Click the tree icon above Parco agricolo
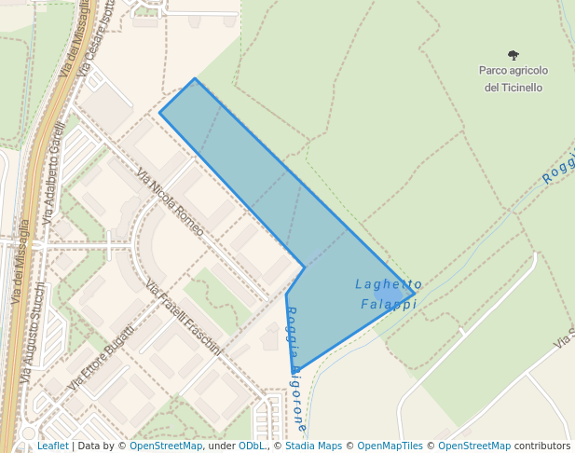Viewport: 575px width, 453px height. tap(513, 55)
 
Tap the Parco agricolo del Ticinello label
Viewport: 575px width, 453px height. tap(513, 79)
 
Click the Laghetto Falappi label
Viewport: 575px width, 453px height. tap(389, 294)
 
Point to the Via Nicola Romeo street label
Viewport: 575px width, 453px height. tap(170, 201)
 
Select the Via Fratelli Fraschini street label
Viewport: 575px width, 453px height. tap(184, 317)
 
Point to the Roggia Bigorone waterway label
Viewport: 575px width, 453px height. tap(295, 369)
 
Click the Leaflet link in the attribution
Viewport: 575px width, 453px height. tap(52, 446)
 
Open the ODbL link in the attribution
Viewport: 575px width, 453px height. tap(252, 446)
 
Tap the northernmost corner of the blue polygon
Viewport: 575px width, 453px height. tap(194, 78)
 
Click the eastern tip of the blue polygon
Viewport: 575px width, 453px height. tap(415, 295)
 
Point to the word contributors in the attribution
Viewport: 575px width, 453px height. tap(541, 446)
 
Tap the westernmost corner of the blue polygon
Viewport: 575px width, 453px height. tap(159, 113)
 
